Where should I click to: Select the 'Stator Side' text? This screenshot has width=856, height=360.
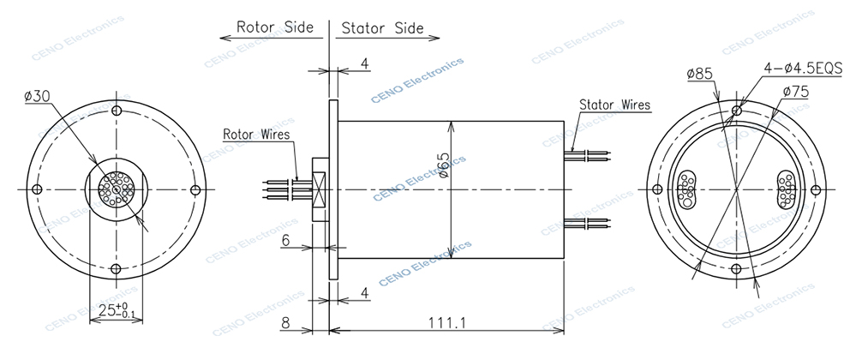click(382, 27)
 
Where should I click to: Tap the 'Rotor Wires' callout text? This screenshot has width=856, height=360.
click(255, 135)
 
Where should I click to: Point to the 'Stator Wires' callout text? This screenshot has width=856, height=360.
click(614, 105)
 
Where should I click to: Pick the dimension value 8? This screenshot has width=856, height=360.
click(288, 323)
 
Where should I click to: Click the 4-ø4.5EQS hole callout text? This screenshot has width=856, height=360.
click(802, 68)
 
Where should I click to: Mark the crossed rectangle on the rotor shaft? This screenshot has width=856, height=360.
click(319, 189)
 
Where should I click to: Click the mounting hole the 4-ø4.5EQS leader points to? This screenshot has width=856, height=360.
click(736, 110)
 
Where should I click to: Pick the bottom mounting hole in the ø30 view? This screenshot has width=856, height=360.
click(115, 269)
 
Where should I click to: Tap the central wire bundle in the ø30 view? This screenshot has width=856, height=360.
click(115, 189)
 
